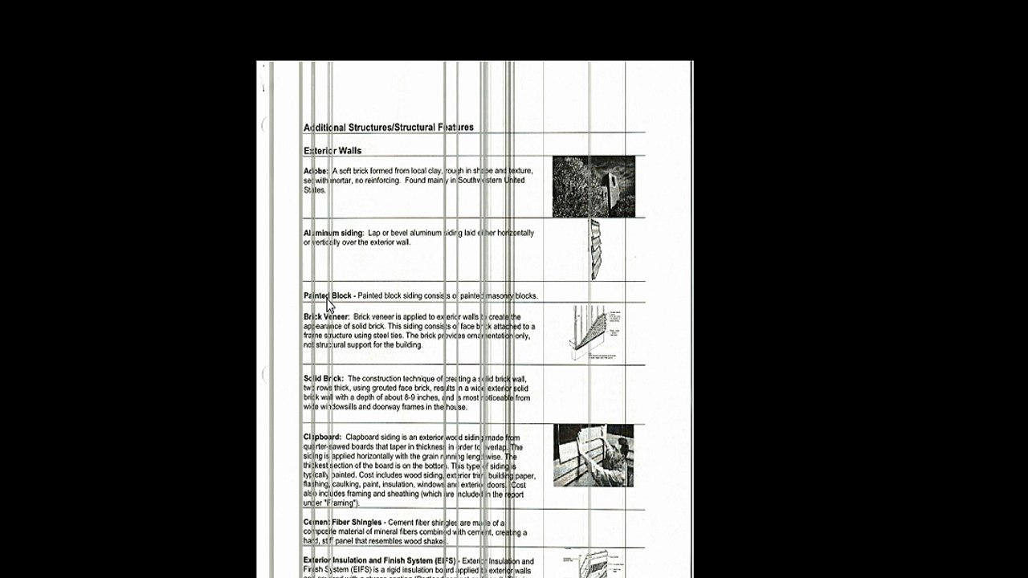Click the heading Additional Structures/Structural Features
coord(388,128)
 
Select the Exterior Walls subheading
coord(332,151)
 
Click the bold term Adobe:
coord(316,171)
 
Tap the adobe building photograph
coord(594,186)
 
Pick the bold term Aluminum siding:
coord(333,233)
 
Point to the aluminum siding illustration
coord(595,249)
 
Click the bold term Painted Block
coord(328,295)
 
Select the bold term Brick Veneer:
coord(326,317)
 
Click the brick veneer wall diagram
coord(594,332)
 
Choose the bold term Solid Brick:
coord(323,379)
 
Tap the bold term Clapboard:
coord(322,438)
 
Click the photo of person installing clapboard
coord(594,455)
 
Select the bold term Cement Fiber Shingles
coord(342,523)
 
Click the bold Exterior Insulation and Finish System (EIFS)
coord(379,560)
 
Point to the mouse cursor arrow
coord(329,305)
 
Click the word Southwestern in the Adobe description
coord(475,181)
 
